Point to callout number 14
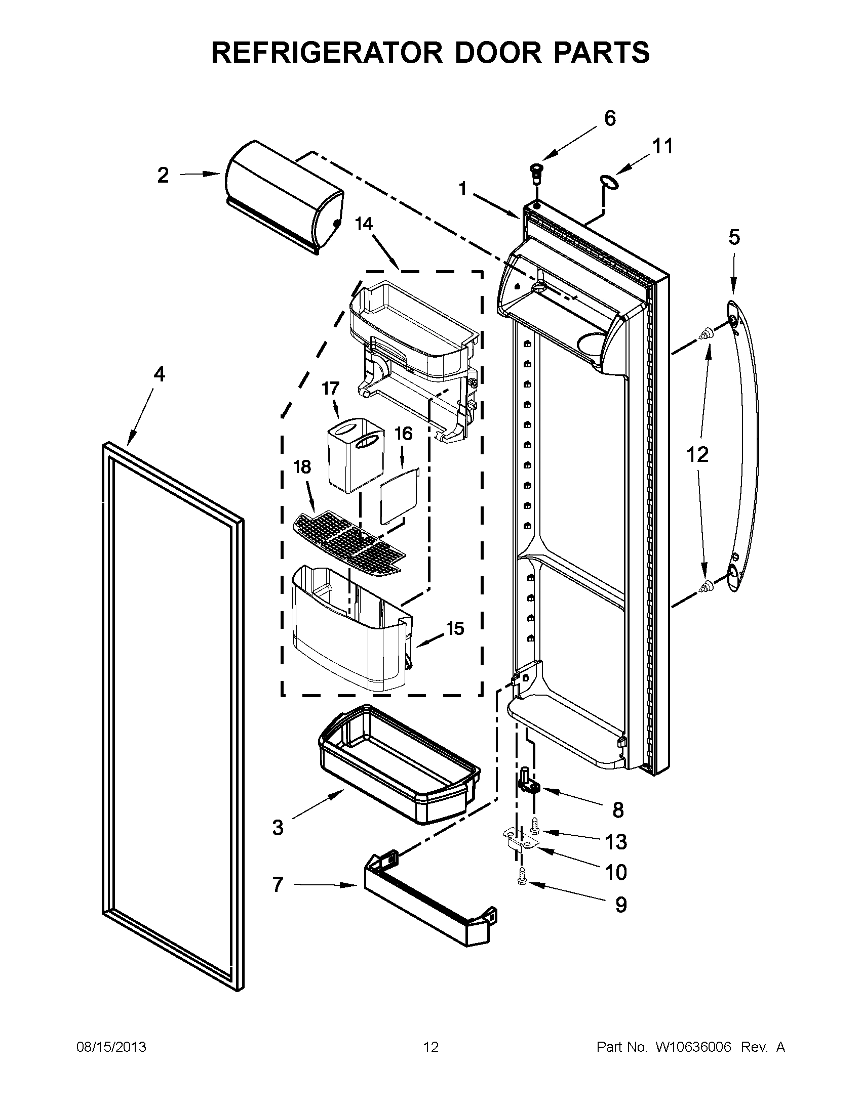pyautogui.click(x=364, y=224)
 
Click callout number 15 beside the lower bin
pyautogui.click(x=455, y=628)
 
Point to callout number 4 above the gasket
pyautogui.click(x=160, y=374)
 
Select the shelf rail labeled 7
pyautogui.click(x=428, y=900)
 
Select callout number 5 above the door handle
pyautogui.click(x=733, y=237)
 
